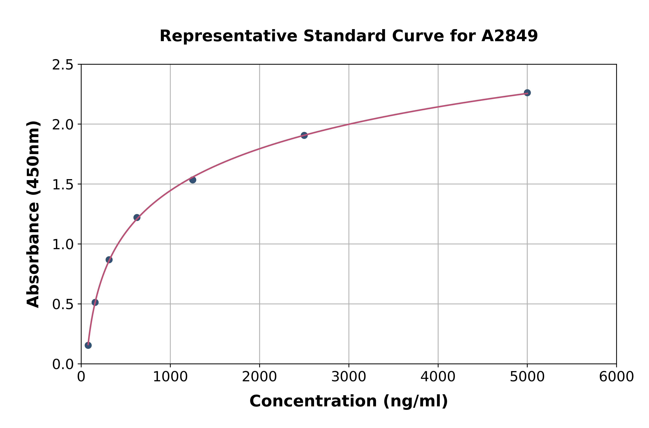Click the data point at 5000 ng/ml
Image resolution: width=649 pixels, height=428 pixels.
tap(527, 93)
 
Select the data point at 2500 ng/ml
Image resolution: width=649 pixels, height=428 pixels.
tap(304, 135)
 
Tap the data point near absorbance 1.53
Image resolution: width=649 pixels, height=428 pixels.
tap(193, 180)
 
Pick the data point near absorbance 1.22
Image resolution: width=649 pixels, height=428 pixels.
tap(137, 218)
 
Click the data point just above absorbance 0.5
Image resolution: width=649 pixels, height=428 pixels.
tap(95, 302)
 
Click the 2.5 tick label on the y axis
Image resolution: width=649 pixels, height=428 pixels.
tap(63, 65)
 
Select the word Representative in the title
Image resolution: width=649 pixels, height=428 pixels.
tap(228, 36)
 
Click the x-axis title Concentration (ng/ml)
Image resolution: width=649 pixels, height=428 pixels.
tap(349, 401)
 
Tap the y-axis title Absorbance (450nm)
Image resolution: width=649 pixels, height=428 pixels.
tap(33, 214)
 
